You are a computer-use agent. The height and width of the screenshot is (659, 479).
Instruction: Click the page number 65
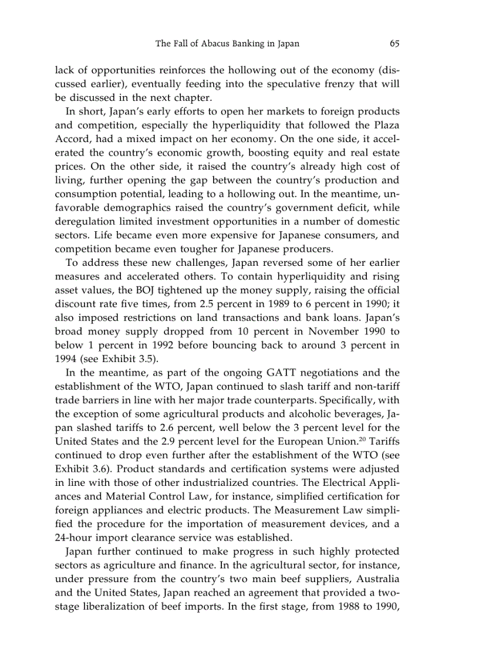click(x=394, y=43)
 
